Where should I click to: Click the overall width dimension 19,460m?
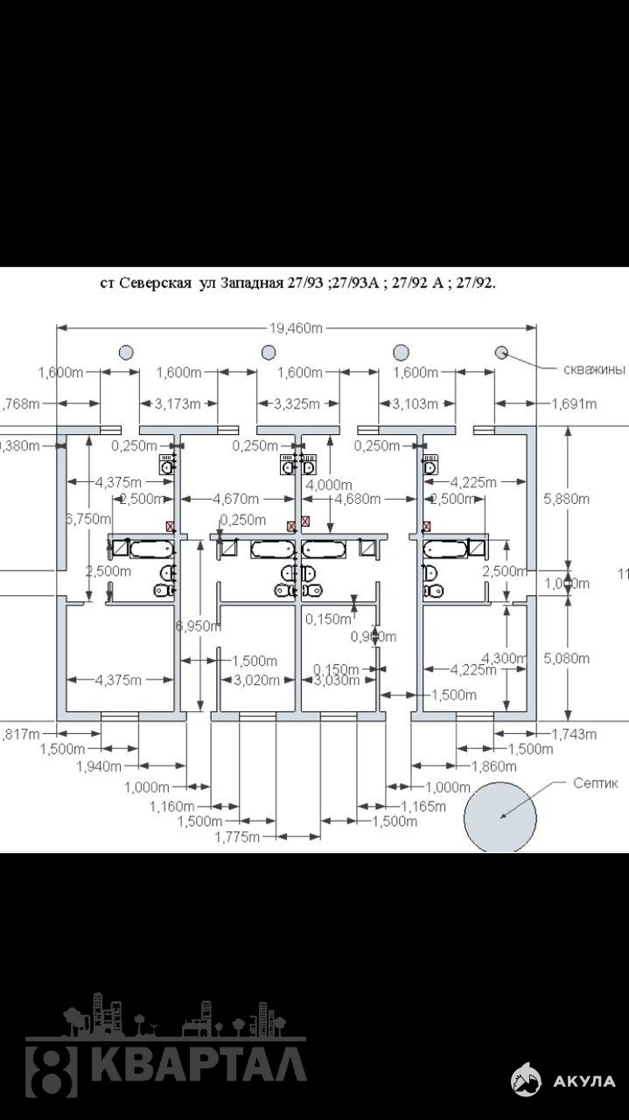(x=297, y=328)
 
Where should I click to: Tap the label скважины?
(x=594, y=369)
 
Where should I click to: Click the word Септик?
(x=595, y=783)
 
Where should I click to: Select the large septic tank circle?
(x=500, y=816)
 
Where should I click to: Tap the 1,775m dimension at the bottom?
(x=237, y=836)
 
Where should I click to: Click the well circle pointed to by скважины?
(x=502, y=352)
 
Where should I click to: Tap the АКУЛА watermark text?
(x=584, y=1081)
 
